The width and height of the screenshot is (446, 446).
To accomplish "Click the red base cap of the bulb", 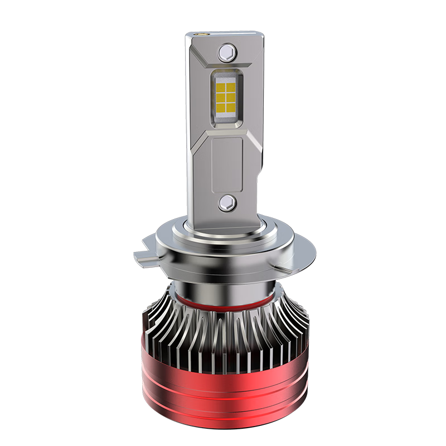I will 223,390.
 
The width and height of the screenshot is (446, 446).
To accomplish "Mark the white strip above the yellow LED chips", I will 224,76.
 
